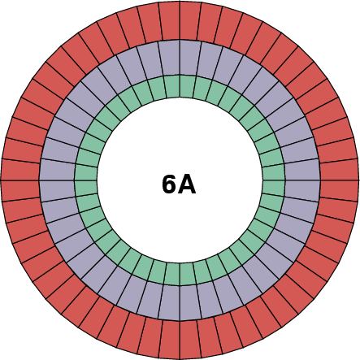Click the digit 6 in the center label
point(168,184)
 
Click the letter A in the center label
point(188,184)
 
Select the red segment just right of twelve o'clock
point(190,21)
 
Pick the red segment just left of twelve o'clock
point(170,21)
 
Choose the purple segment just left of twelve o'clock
point(171,58)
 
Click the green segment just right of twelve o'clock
point(187,86)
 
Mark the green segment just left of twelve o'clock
point(173,86)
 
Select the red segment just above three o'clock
point(339,170)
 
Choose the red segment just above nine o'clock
point(21,170)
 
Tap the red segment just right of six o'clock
point(190,339)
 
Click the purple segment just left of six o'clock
point(171,302)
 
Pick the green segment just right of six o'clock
point(187,274)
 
